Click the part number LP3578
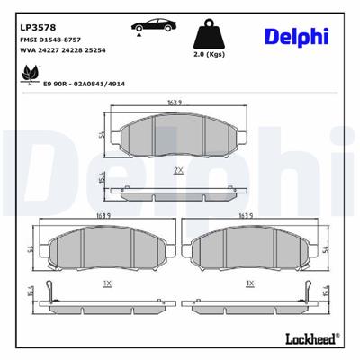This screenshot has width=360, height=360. pos(33,27)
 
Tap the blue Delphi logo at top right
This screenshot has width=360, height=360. pos(296,35)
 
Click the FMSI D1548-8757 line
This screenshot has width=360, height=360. pos(50,41)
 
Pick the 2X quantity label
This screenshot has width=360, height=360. pos(178,169)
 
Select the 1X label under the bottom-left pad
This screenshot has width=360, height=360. pos(107,283)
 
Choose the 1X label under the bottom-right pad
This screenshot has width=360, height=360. pos(249,283)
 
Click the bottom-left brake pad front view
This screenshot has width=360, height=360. pos(106,247)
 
